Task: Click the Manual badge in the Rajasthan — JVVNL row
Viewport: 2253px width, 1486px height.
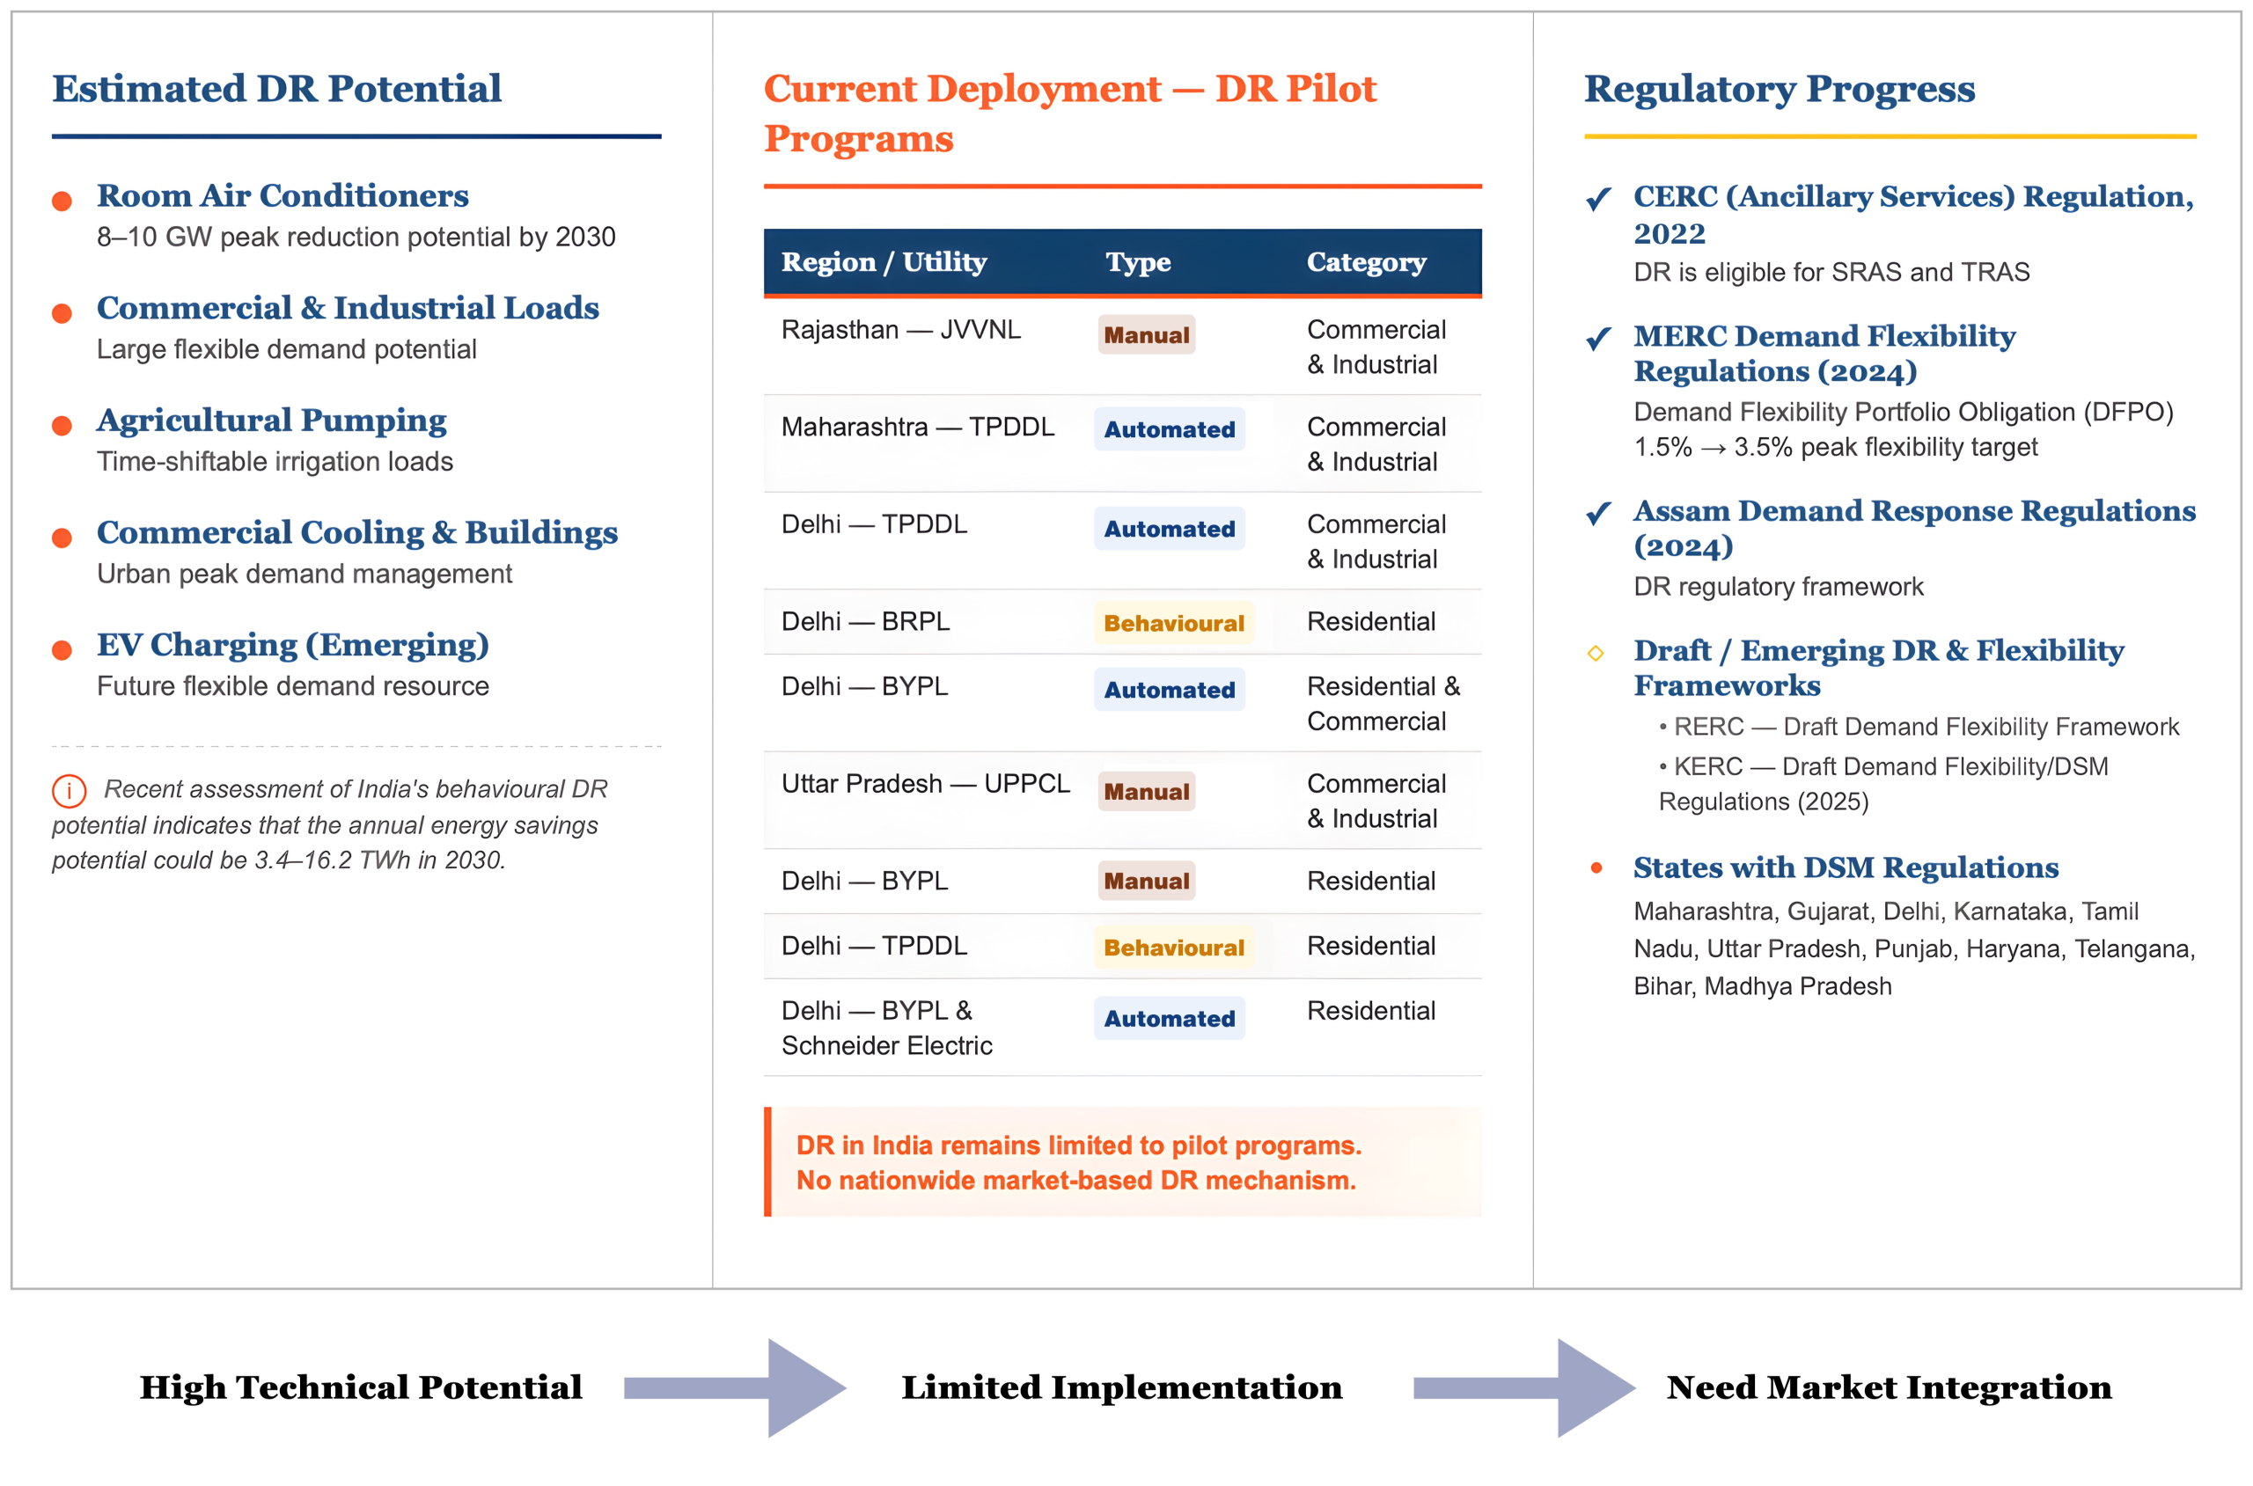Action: (x=1145, y=334)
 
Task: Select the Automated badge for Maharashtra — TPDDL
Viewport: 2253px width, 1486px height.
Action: (x=1168, y=429)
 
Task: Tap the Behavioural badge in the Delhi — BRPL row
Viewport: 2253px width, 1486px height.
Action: (x=1172, y=623)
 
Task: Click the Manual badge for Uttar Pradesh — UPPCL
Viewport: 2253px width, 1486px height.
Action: (x=1145, y=791)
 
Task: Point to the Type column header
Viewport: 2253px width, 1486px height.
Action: (x=1136, y=261)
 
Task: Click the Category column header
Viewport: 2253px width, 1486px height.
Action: (x=1365, y=261)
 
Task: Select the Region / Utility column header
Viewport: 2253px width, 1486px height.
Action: (x=883, y=261)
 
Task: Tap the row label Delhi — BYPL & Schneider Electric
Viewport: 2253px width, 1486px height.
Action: (x=885, y=1028)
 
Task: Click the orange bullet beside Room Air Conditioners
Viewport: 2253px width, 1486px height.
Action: (x=62, y=201)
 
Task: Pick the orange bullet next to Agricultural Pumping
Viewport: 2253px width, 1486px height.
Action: (x=62, y=426)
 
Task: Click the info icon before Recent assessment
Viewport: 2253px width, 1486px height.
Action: (x=69, y=789)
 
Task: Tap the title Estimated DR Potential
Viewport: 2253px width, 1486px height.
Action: (x=275, y=88)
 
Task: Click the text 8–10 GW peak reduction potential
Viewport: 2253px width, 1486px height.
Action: (x=356, y=237)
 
